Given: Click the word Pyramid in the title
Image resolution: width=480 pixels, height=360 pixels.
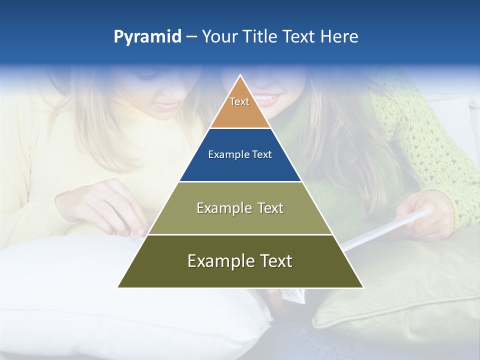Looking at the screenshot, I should click(x=147, y=37).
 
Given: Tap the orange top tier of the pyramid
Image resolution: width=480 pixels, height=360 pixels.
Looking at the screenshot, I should click(x=240, y=107).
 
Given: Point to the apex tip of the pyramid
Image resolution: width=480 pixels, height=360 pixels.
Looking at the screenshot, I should click(x=240, y=76).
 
